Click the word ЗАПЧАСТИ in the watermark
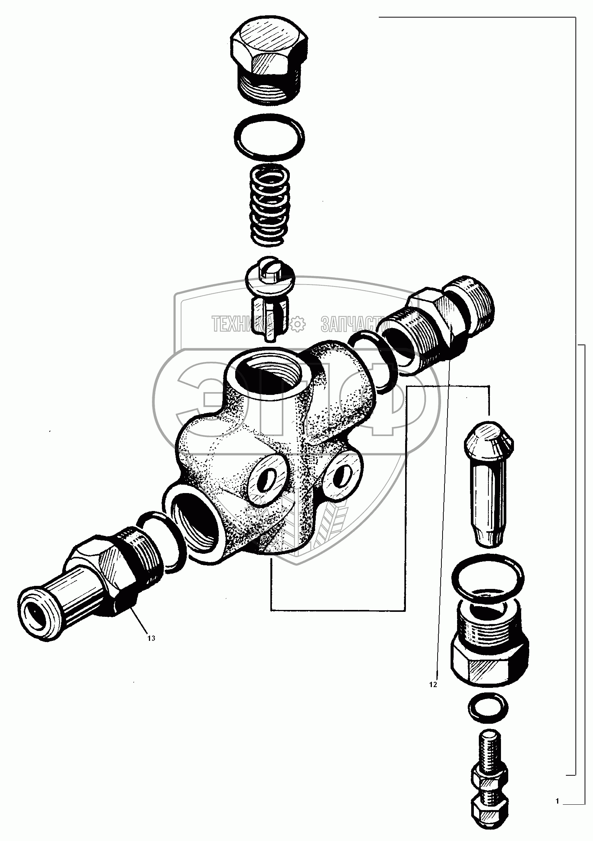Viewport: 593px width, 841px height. [x=351, y=323]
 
